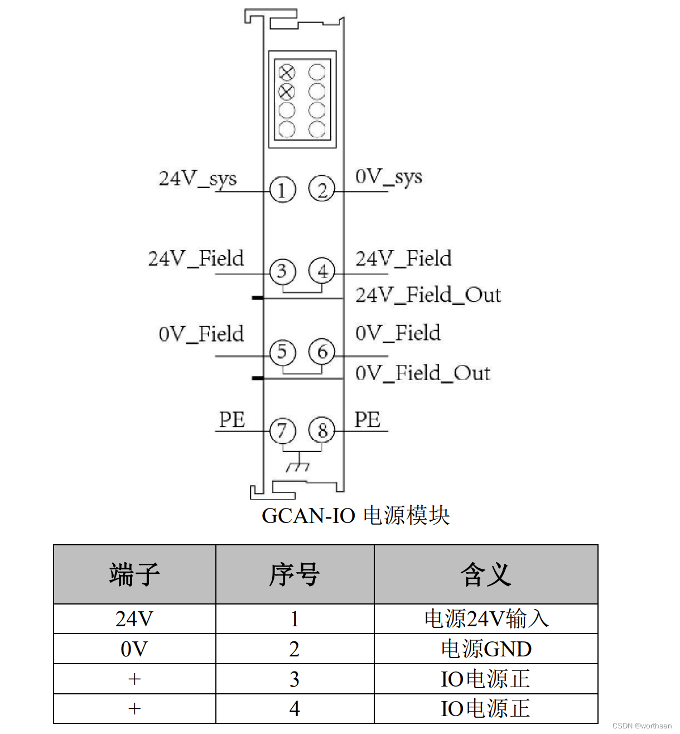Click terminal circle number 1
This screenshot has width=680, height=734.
(282, 190)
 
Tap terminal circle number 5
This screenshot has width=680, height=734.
(282, 352)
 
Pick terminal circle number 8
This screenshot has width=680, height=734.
(322, 430)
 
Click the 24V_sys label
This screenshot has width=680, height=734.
(197, 179)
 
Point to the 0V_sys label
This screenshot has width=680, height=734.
(389, 177)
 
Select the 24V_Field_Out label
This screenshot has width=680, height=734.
(428, 295)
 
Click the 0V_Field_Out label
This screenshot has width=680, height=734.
(423, 373)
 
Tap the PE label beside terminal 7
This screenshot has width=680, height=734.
(232, 420)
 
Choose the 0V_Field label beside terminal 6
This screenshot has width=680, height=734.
(398, 333)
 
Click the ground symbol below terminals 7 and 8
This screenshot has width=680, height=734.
(297, 465)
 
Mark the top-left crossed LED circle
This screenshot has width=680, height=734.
(287, 72)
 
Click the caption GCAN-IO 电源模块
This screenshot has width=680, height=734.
(355, 515)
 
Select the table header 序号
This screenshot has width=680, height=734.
(295, 574)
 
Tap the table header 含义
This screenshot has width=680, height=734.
(485, 574)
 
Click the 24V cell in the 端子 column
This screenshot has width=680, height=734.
(134, 619)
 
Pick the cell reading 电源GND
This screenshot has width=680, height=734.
(486, 649)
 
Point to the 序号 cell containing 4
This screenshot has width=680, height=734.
(295, 709)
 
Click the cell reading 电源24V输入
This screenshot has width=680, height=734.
(486, 619)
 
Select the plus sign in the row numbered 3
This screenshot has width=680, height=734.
(134, 679)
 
